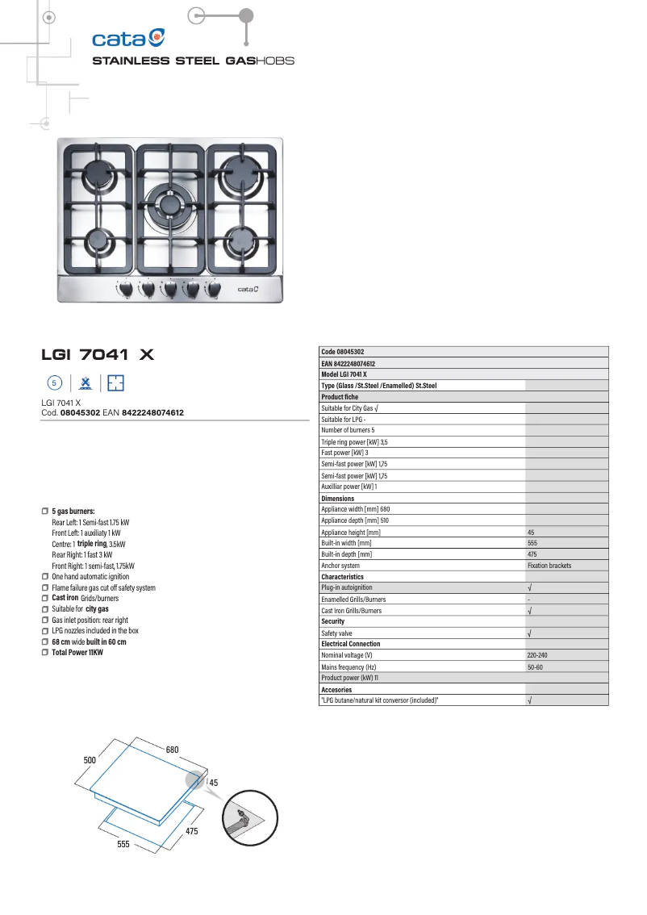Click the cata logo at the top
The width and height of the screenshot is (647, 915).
click(x=128, y=38)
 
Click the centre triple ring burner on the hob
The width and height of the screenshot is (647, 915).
click(x=171, y=204)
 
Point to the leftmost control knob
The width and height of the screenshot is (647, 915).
click(x=127, y=288)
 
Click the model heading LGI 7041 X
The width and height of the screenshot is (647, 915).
click(x=98, y=354)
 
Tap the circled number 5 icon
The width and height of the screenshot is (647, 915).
click(x=54, y=382)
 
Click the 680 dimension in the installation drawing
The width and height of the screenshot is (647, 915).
click(x=172, y=750)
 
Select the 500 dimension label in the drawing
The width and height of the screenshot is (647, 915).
click(x=90, y=761)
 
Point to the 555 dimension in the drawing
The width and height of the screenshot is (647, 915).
click(x=123, y=844)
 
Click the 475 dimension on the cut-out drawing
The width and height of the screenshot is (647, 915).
click(x=191, y=831)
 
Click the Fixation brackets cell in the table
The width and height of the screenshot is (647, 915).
click(x=549, y=566)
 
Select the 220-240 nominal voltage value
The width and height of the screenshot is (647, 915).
click(x=537, y=655)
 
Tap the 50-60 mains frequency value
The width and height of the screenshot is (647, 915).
click(x=535, y=667)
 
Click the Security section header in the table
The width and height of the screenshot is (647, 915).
click(x=333, y=621)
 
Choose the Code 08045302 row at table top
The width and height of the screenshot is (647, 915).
click(x=343, y=352)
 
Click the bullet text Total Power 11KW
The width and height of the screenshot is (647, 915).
click(x=77, y=652)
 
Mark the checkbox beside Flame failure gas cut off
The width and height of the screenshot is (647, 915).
click(x=45, y=587)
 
